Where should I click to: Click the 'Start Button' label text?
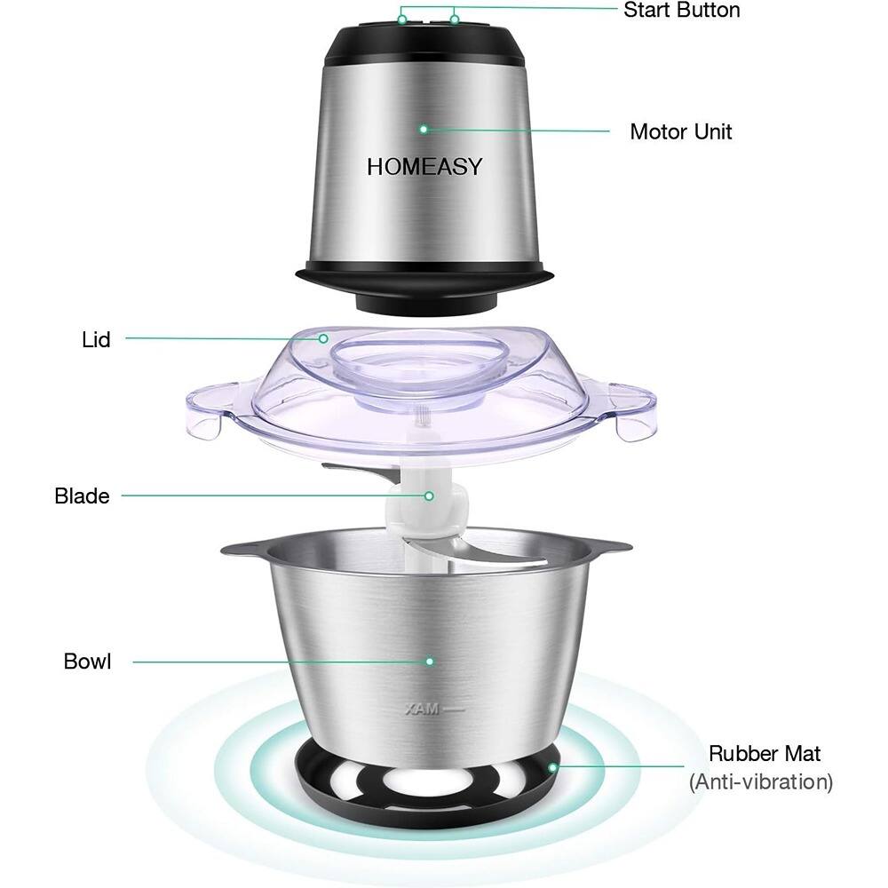point(682,10)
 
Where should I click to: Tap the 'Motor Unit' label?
point(681,131)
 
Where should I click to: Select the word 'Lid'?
point(96,340)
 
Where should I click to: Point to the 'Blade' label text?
point(82,496)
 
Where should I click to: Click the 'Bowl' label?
point(87,662)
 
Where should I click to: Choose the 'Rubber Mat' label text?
point(765,754)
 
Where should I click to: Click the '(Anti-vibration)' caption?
point(761,782)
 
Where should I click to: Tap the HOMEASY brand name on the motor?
point(424,167)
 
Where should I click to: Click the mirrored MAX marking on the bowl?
point(422,709)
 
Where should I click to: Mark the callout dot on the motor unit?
point(424,130)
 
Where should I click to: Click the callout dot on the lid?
point(323,338)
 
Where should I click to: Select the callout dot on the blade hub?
point(429,496)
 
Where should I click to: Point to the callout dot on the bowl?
point(430,662)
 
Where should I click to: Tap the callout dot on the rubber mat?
point(552,767)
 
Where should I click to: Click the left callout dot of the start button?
point(402,20)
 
